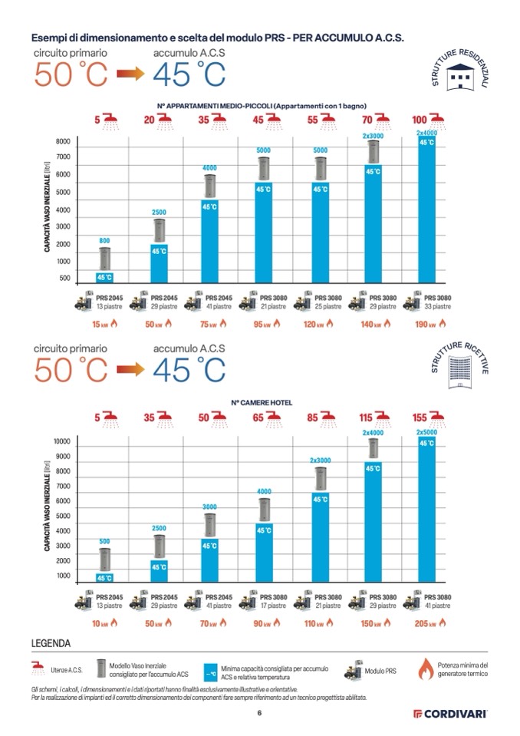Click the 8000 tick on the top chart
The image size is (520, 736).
point(63,143)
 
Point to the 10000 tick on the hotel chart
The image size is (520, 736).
point(61,441)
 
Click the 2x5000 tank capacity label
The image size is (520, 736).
point(426,432)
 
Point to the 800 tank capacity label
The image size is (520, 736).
point(104,240)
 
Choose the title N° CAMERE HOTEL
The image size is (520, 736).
point(261,402)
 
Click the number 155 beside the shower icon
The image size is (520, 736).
point(420,418)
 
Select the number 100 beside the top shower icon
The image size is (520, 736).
point(420,120)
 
